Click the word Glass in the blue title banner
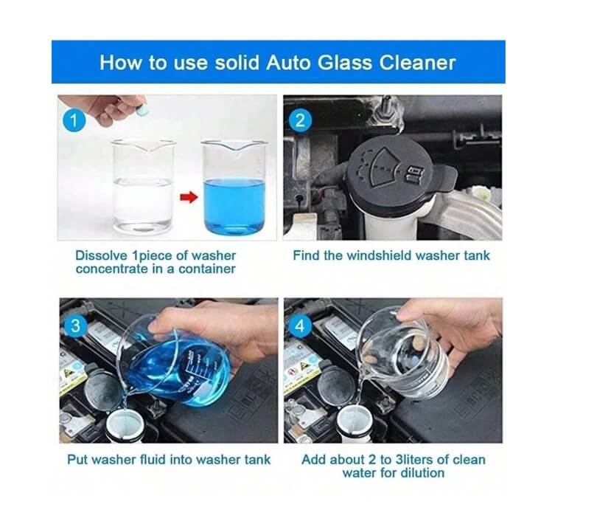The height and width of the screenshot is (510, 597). (344, 63)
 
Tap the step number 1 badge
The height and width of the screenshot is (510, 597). (74, 121)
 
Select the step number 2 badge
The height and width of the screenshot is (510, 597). (300, 120)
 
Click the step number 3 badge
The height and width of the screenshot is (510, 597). (75, 326)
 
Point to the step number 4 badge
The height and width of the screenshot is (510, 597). (300, 326)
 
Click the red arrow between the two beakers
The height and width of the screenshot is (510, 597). (189, 198)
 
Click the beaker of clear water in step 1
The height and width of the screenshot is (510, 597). (144, 186)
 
